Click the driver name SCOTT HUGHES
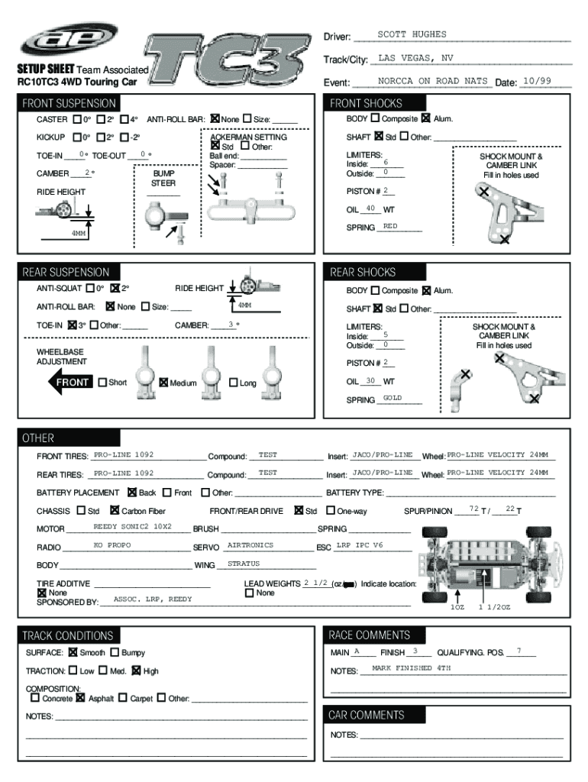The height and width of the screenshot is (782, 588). pyautogui.click(x=412, y=34)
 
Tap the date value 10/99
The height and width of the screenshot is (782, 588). pyautogui.click(x=535, y=81)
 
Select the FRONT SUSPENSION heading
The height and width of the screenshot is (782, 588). pyautogui.click(x=69, y=103)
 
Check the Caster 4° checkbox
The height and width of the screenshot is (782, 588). pyautogui.click(x=124, y=119)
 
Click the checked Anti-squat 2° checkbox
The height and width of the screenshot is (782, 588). pyautogui.click(x=115, y=289)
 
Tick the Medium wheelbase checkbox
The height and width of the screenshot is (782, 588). pyautogui.click(x=163, y=383)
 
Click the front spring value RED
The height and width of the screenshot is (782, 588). pyautogui.click(x=390, y=227)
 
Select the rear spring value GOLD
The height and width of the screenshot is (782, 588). pyautogui.click(x=393, y=399)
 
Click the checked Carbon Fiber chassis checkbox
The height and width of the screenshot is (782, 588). pyautogui.click(x=115, y=511)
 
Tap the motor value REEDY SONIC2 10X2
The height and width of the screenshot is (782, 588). pyautogui.click(x=132, y=527)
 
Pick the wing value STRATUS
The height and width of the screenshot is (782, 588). pyautogui.click(x=244, y=564)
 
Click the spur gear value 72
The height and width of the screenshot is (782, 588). pyautogui.click(x=473, y=509)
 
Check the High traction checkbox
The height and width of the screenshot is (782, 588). pyautogui.click(x=136, y=671)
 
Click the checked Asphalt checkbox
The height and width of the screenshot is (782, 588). pyautogui.click(x=80, y=698)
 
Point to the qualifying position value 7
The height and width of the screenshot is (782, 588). pyautogui.click(x=519, y=651)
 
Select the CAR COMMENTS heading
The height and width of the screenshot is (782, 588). pyautogui.click(x=366, y=716)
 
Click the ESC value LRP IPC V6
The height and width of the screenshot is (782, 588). pyautogui.click(x=360, y=545)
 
